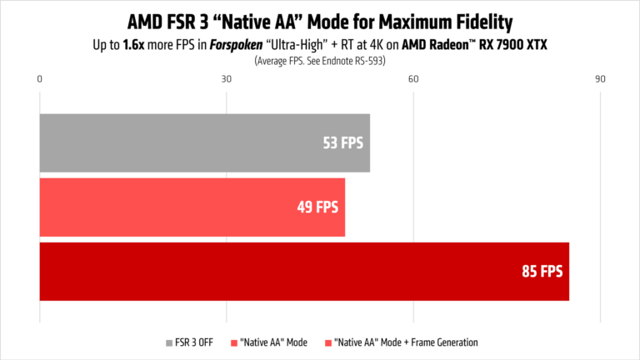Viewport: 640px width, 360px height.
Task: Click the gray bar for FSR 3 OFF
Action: click(204, 142)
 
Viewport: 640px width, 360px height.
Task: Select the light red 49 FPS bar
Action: click(192, 207)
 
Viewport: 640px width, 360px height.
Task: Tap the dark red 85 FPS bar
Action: click(304, 271)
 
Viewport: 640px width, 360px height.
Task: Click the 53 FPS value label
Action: click(342, 142)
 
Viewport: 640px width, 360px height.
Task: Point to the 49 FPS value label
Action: click(317, 207)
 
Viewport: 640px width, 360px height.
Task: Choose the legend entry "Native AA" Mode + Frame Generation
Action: click(405, 342)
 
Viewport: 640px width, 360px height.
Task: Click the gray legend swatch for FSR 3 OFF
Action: click(169, 342)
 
